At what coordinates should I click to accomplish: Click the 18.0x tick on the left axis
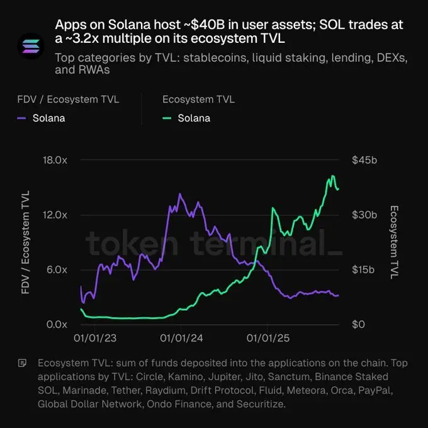point(55,160)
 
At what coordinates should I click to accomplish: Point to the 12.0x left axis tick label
point(55,215)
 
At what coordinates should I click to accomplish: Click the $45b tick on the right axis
point(364,160)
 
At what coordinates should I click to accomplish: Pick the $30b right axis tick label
point(364,215)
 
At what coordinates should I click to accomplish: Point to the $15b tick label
point(364,269)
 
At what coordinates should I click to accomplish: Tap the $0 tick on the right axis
point(358,324)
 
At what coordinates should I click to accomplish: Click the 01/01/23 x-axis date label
point(94,339)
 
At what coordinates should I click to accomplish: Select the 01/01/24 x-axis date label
point(181,339)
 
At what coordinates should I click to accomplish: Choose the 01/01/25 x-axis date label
point(268,339)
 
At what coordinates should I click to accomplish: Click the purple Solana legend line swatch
point(21,118)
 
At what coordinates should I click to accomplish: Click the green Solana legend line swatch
point(167,118)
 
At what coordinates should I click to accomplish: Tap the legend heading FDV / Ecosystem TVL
point(68,99)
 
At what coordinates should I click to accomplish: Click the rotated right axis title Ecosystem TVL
point(395,242)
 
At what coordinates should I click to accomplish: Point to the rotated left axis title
point(26,242)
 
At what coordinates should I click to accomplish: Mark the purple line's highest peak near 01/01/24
point(179,194)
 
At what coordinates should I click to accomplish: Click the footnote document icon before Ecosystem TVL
point(23,363)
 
